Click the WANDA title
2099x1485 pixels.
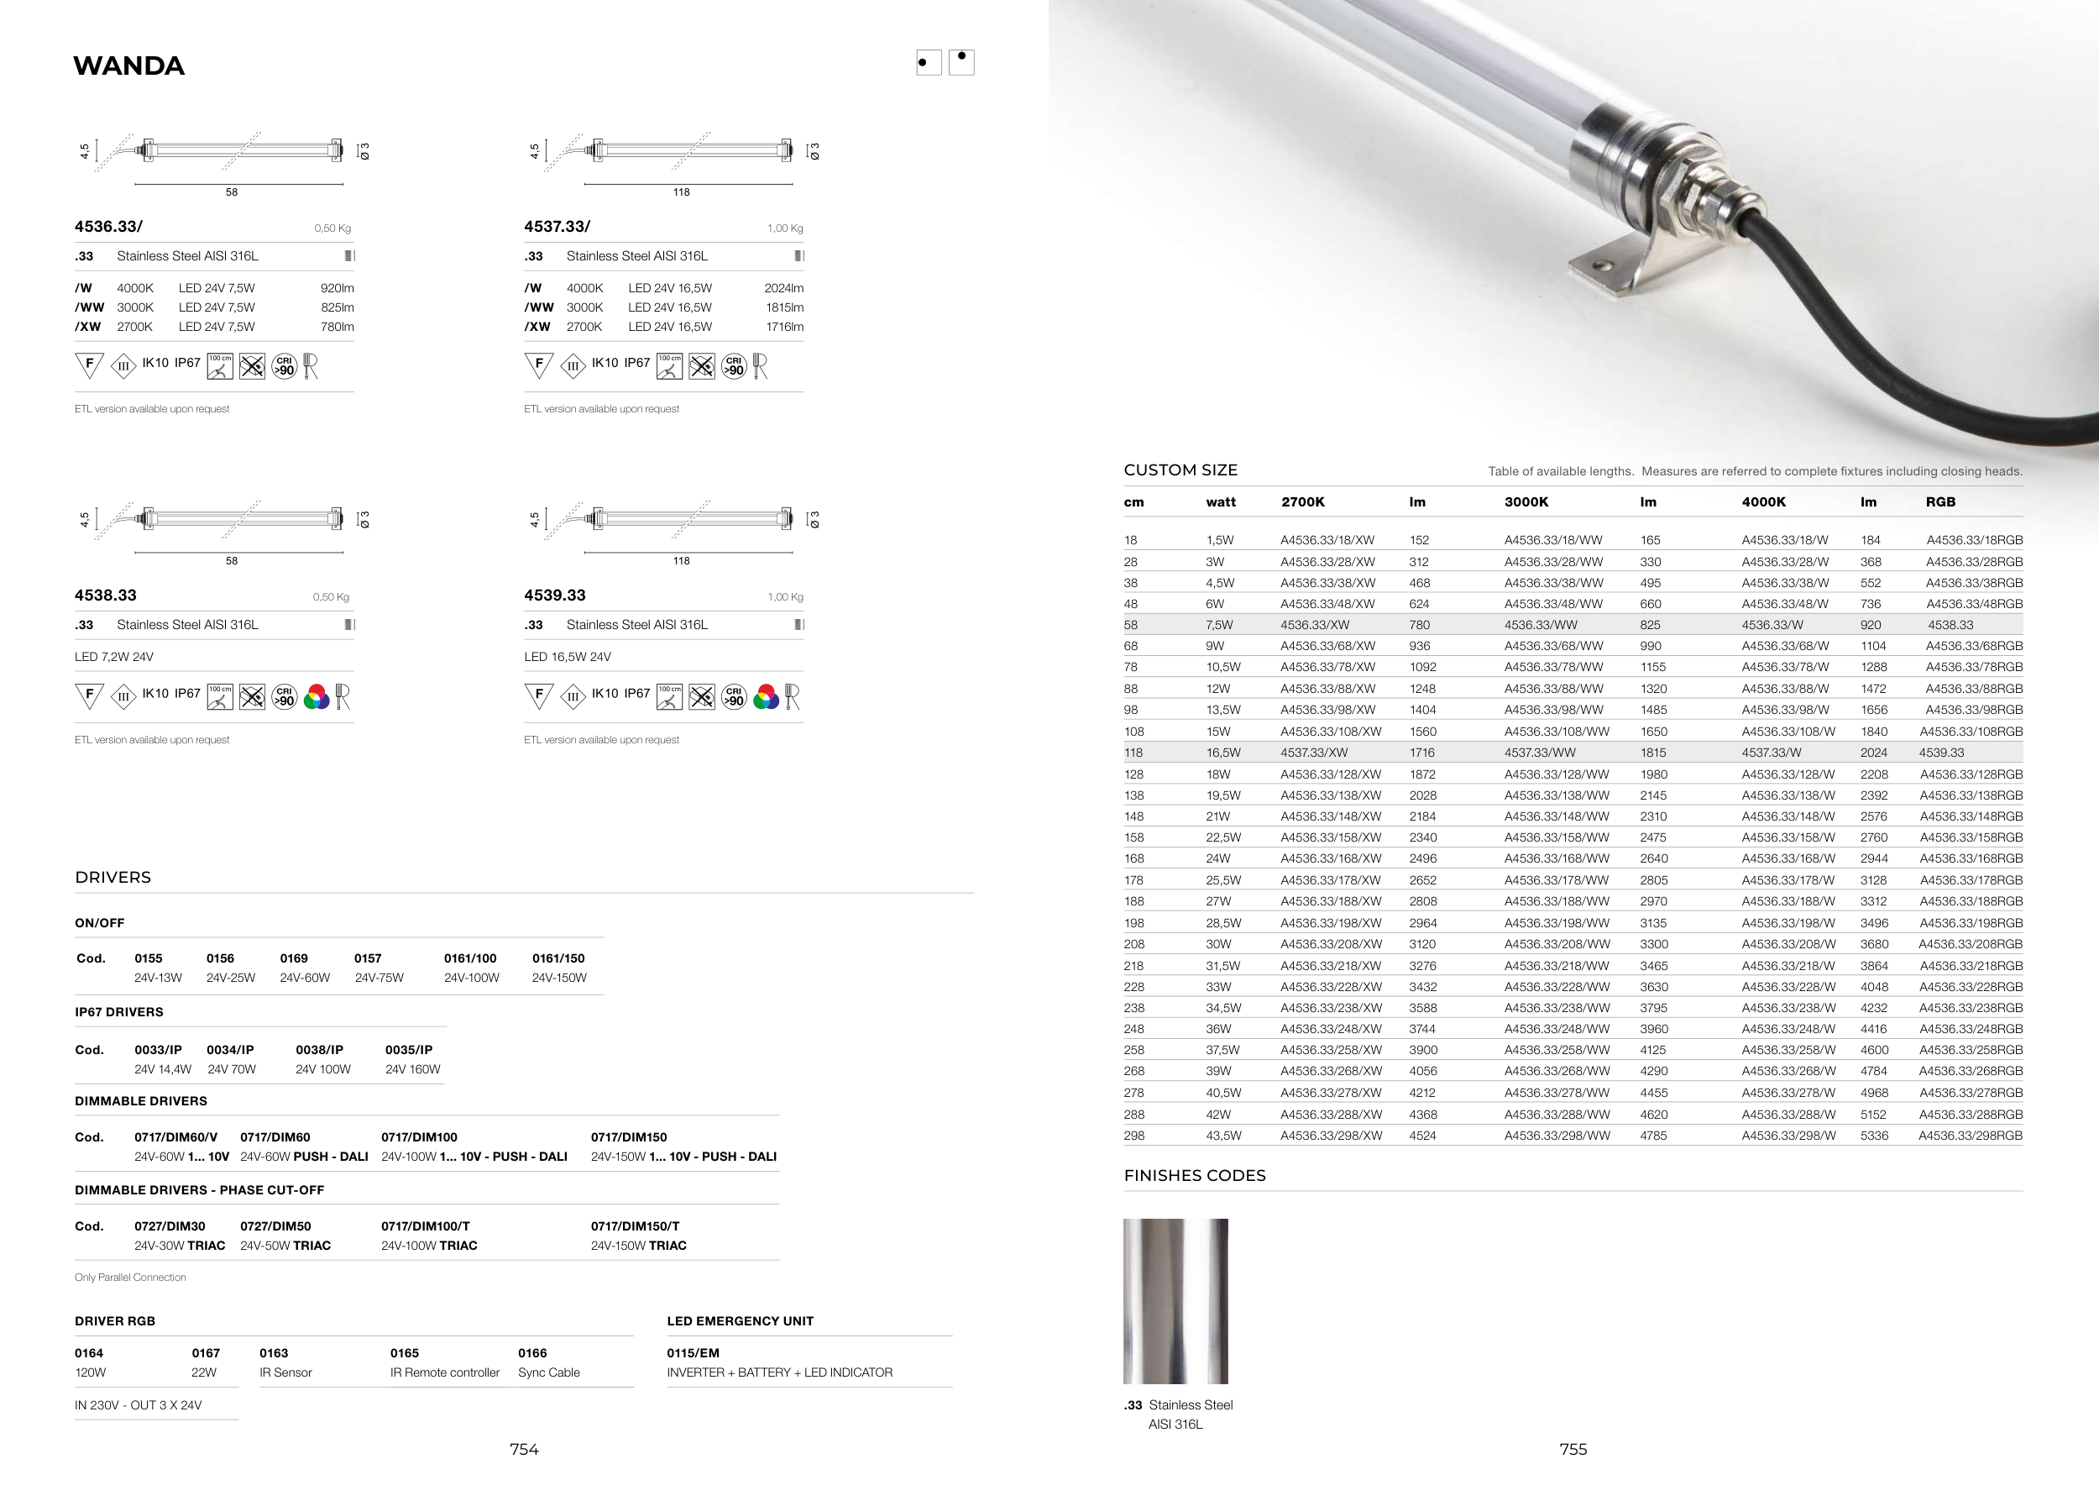point(129,66)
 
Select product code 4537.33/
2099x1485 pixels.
point(557,226)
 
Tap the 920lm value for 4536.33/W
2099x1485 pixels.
point(338,288)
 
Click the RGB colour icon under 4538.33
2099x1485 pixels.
point(317,698)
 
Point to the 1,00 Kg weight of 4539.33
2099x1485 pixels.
point(785,597)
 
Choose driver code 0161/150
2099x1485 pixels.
point(557,958)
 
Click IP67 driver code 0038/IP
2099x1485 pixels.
point(319,1050)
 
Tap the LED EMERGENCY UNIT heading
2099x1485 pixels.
point(740,1321)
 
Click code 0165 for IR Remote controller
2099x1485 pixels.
point(404,1353)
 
